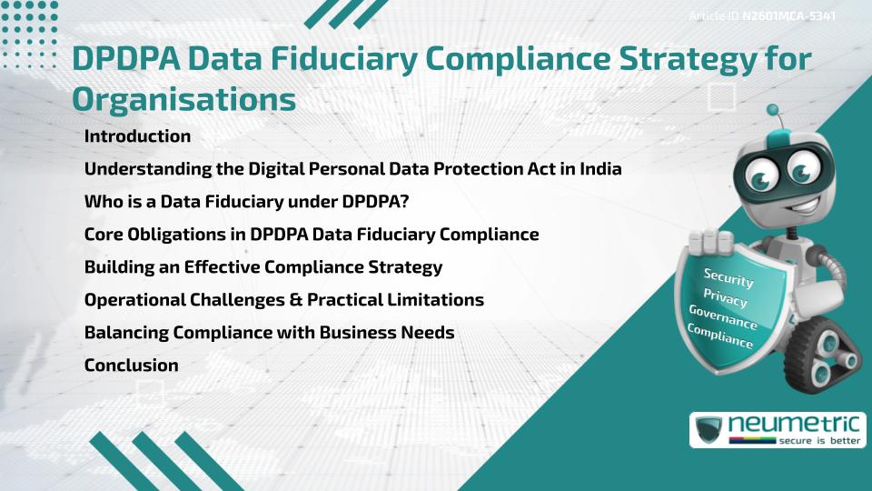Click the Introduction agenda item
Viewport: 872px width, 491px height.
[x=137, y=136]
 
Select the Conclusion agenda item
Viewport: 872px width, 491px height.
[x=131, y=366]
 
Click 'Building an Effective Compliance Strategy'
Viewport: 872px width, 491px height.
[x=263, y=267]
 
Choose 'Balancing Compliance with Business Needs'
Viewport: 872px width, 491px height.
[x=269, y=333]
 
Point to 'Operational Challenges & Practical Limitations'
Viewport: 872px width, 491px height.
[x=283, y=300]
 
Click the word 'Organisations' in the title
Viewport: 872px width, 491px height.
[x=183, y=99]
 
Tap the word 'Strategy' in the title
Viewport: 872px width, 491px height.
[x=668, y=59]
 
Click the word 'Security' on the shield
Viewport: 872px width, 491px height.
[x=728, y=278]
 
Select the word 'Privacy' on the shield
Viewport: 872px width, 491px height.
[x=725, y=299]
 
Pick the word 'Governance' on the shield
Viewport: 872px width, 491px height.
[x=722, y=318]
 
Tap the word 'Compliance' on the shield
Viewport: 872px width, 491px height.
[x=720, y=337]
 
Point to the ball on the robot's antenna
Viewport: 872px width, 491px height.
[x=773, y=110]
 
